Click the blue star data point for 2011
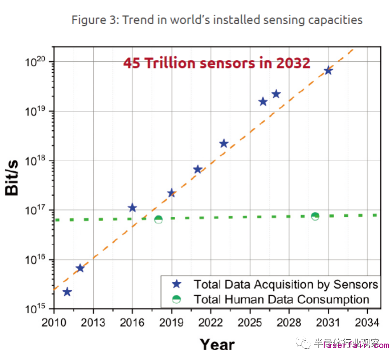click(x=67, y=292)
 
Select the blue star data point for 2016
click(x=132, y=208)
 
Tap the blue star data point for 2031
click(x=328, y=71)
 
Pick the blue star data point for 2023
click(x=224, y=143)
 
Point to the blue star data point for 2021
click(x=198, y=169)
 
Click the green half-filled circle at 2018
click(x=159, y=219)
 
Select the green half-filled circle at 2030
click(x=315, y=216)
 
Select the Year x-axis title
click(x=217, y=344)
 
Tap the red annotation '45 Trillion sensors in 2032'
click(x=217, y=63)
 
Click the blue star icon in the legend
click(x=176, y=284)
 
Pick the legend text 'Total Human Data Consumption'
click(x=281, y=299)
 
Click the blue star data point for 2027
click(x=276, y=94)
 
